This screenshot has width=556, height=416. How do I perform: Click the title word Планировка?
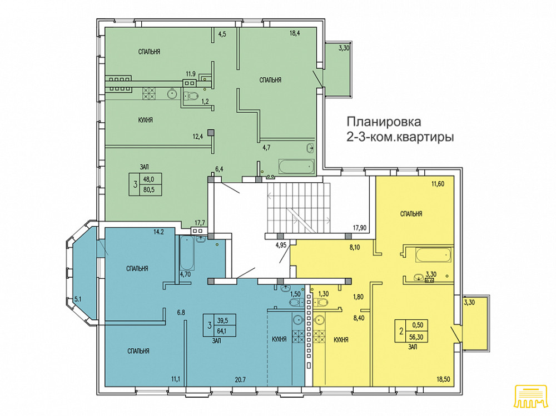click(384, 122)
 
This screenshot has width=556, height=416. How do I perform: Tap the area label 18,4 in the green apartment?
click(295, 34)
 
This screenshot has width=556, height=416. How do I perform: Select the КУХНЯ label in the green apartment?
click(145, 120)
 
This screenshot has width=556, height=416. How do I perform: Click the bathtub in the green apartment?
click(296, 167)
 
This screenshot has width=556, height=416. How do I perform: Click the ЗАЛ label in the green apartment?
click(145, 167)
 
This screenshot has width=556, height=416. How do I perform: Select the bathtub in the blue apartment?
click(187, 253)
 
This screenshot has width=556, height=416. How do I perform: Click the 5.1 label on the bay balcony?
click(78, 299)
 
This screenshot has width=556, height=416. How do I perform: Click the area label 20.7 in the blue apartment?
click(240, 380)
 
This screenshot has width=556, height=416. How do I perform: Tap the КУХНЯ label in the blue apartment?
click(279, 339)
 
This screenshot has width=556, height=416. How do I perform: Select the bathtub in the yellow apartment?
click(433, 255)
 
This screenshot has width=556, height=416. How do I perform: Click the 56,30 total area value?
click(418, 337)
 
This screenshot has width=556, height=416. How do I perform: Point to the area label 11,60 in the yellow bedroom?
click(438, 183)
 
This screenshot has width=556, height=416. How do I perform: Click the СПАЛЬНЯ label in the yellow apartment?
click(411, 214)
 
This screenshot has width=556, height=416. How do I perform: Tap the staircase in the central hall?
click(299, 207)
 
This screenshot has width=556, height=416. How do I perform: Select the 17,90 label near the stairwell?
click(360, 228)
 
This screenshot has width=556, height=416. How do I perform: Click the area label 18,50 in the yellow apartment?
click(443, 379)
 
